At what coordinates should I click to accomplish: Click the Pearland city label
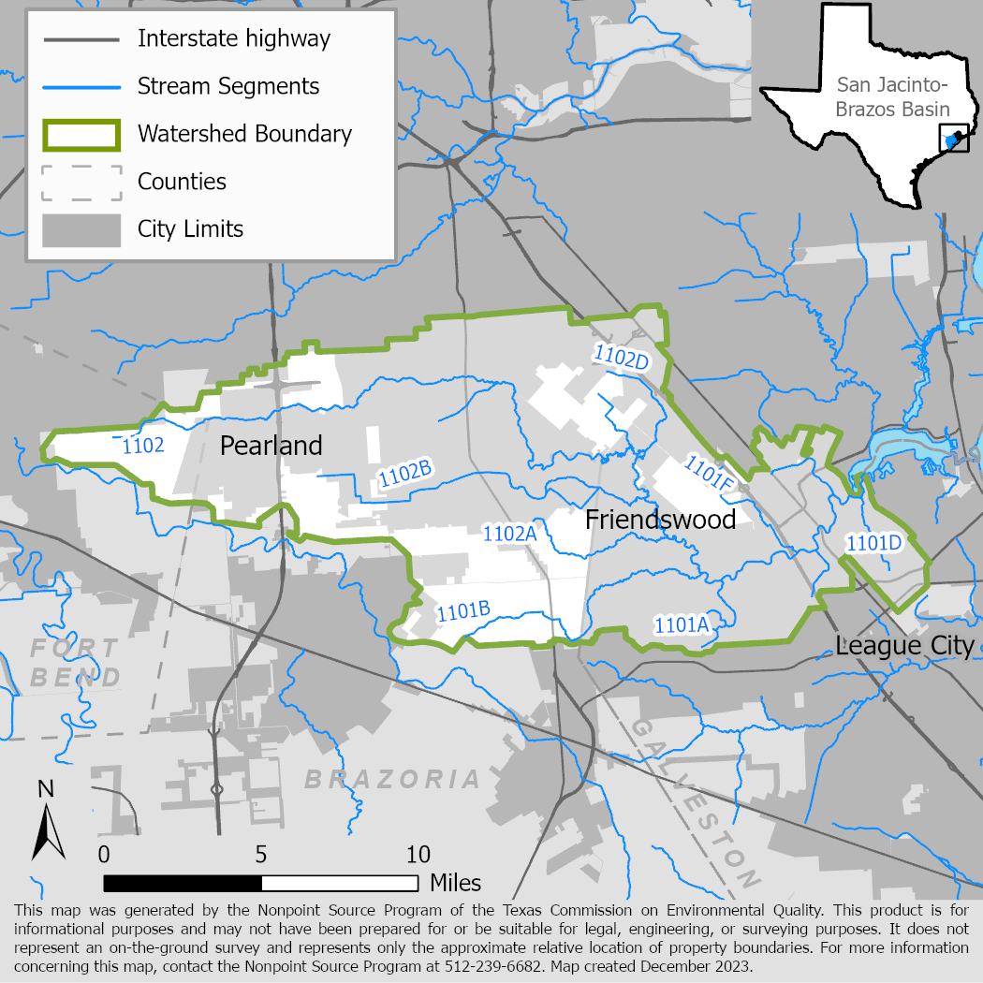[x=271, y=446]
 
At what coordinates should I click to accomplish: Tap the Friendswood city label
[x=660, y=519]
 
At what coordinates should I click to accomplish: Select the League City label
[x=904, y=646]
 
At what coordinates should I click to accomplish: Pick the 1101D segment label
[x=873, y=543]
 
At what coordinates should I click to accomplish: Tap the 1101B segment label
[x=463, y=611]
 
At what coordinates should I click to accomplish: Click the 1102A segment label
[x=508, y=533]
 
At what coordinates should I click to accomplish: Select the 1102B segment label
[x=404, y=475]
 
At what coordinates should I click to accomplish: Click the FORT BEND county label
[x=75, y=662]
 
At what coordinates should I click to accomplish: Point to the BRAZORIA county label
[x=393, y=779]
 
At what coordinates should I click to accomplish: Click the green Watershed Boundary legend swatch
[x=81, y=134]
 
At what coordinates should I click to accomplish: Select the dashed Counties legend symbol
[x=81, y=182]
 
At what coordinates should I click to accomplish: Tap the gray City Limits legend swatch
[x=81, y=229]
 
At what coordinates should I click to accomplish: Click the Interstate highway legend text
[x=234, y=38]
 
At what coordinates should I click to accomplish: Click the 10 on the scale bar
[x=418, y=854]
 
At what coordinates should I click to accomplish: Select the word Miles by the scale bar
[x=455, y=883]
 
